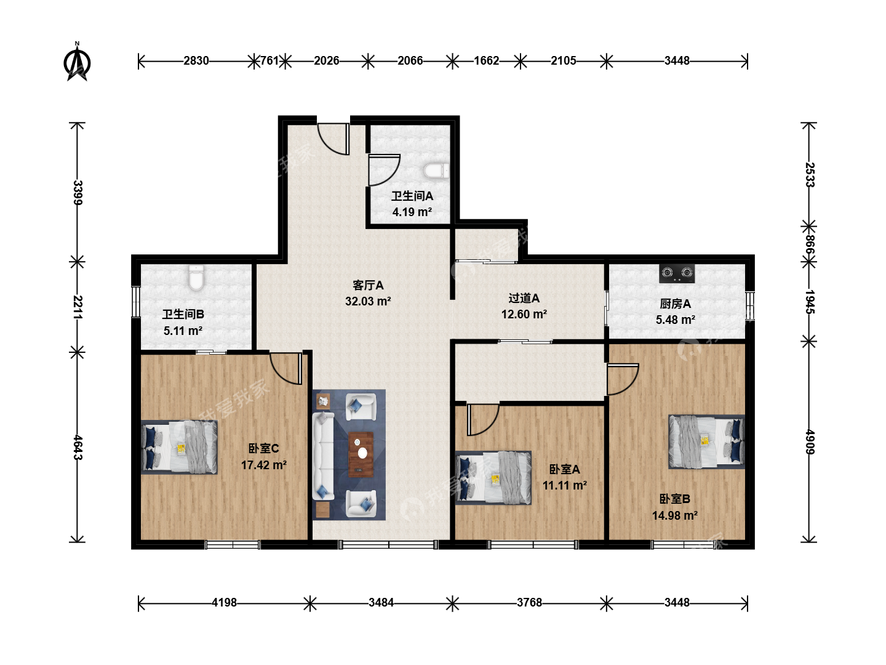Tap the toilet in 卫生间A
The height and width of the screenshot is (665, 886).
pos(436,171)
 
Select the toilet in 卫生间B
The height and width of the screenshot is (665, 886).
pos(196,277)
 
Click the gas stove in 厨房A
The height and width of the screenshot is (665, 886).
pos(677,273)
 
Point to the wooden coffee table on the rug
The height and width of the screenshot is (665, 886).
pos(361,454)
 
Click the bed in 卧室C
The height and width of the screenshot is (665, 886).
pos(179,447)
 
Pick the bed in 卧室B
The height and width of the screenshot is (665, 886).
pos(706,441)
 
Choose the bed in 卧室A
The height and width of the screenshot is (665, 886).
pos(493,478)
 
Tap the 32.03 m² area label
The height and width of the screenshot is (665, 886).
pos(368,301)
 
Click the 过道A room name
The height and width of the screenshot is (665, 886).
pos(524,298)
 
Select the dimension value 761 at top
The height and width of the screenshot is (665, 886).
pos(269,60)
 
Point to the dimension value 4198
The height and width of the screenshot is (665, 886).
pos(224,602)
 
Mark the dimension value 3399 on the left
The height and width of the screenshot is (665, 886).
pos(78,193)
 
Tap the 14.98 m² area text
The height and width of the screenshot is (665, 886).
pos(675,515)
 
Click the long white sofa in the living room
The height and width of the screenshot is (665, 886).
pos(323,456)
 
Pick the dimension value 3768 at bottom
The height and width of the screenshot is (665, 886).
pos(529,602)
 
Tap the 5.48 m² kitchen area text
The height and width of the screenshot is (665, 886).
pos(676,320)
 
